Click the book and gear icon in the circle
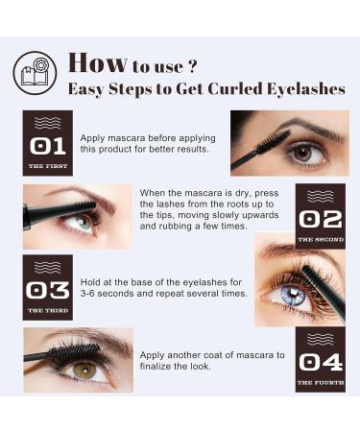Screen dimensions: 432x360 (36, 73)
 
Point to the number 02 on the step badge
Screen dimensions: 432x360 (320, 219)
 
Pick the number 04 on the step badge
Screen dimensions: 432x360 (320, 362)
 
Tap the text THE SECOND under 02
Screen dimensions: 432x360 (320, 239)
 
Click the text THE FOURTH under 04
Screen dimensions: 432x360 (320, 383)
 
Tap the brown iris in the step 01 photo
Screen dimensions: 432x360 (302, 152)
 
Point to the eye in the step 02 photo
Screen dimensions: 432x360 (82, 221)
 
